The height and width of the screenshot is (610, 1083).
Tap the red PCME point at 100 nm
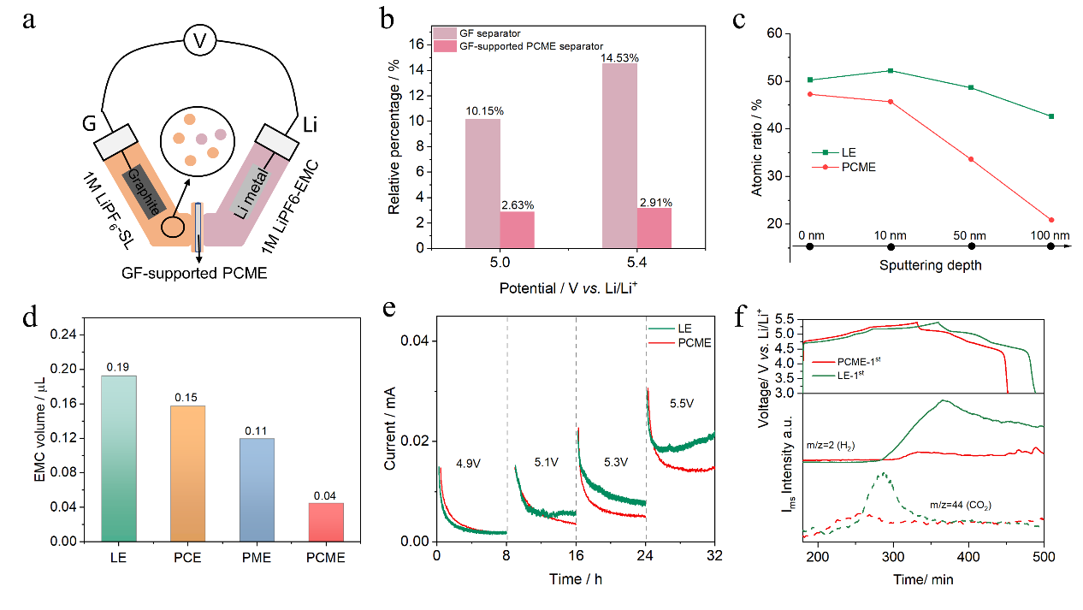coord(1050,220)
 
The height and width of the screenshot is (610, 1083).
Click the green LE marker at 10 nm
coord(891,70)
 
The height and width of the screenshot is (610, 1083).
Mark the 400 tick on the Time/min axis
coord(968,557)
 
